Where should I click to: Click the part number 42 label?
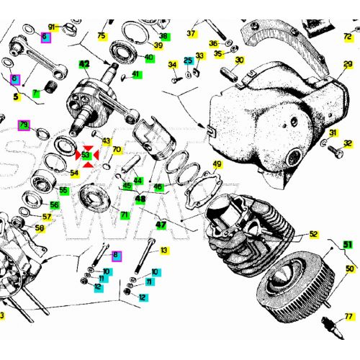84,65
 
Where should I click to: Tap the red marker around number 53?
86,155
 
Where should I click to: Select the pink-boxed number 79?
24,125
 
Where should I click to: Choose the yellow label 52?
313,234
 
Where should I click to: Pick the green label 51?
348,245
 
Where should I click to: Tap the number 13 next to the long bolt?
164,251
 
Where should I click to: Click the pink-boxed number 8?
116,255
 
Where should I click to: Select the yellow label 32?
348,143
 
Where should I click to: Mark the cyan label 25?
188,61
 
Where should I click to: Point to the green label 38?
163,36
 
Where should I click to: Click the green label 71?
125,215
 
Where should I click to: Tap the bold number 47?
161,225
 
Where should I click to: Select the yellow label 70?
117,150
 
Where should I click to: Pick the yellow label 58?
40,228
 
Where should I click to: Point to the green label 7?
35,93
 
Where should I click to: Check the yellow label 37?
192,33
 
